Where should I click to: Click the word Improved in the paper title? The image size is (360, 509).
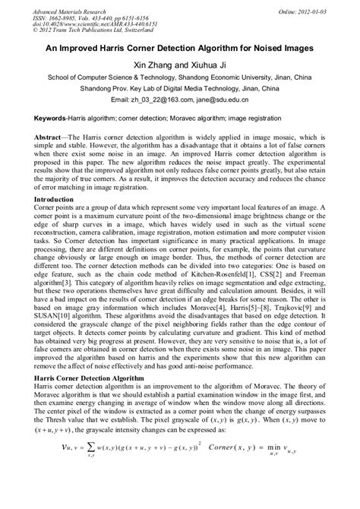95,46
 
